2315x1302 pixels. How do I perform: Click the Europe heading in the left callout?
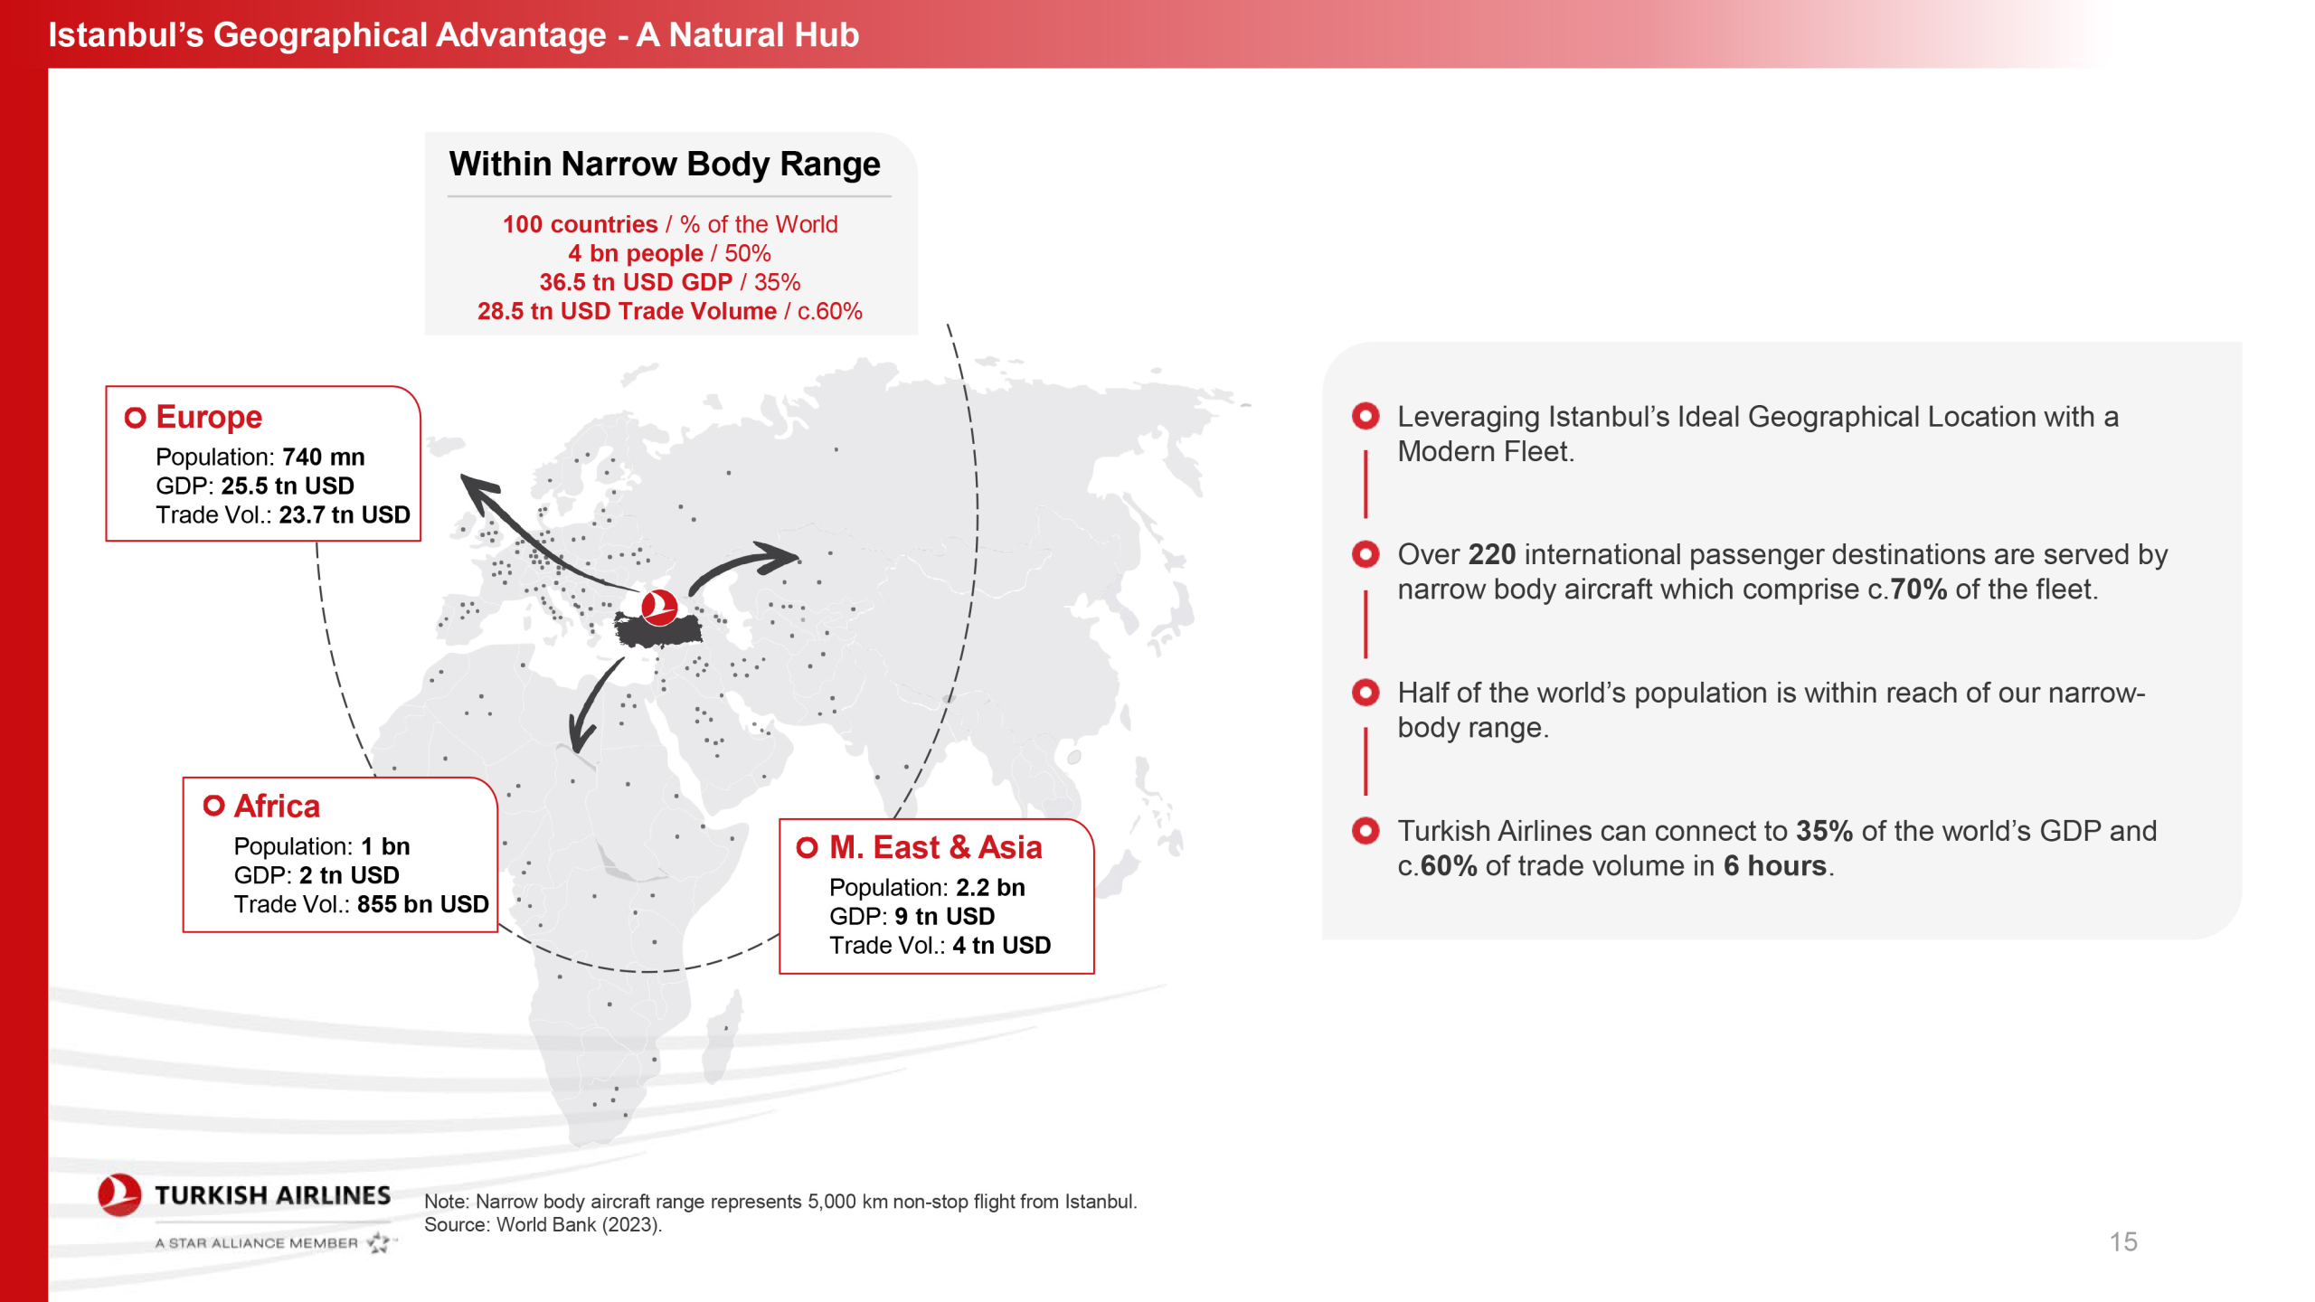pos(209,417)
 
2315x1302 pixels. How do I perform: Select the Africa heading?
pos(277,806)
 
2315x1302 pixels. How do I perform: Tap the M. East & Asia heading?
pos(936,847)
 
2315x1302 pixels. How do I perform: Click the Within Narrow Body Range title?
pos(665,164)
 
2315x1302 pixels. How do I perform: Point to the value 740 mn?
pos(324,457)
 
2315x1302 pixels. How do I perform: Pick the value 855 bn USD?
pos(423,904)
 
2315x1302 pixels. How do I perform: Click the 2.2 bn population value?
pos(990,887)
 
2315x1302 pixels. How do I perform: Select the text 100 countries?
pos(581,224)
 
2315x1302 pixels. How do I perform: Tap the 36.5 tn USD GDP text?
pos(636,282)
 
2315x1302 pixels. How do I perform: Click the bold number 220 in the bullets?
pos(1492,554)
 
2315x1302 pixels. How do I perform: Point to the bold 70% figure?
pos(1918,590)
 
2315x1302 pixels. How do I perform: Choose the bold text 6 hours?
pos(1775,866)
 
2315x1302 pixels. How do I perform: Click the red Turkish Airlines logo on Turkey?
pos(659,607)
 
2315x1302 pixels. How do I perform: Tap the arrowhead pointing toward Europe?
pos(480,490)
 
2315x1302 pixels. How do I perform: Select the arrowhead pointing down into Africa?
pos(581,733)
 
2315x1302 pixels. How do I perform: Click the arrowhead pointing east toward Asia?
pos(779,558)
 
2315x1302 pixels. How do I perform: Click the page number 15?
pos(2123,1241)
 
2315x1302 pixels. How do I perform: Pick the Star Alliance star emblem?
pos(379,1243)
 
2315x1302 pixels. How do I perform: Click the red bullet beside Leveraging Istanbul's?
pos(1365,416)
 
